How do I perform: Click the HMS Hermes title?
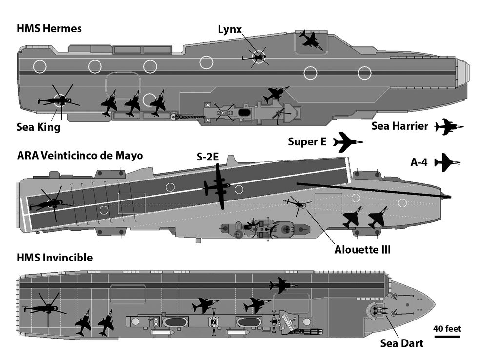[x=49, y=29]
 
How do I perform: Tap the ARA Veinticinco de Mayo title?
[x=80, y=156]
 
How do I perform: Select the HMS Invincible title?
[x=55, y=258]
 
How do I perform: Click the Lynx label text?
[x=230, y=30]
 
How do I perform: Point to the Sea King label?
[x=39, y=128]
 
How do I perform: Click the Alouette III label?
[x=362, y=249]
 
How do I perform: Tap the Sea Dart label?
[x=401, y=343]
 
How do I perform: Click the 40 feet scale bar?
[x=447, y=337]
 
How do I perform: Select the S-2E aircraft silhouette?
[x=217, y=186]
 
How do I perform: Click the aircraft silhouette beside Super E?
[x=347, y=142]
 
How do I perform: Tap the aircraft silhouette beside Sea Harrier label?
[x=449, y=127]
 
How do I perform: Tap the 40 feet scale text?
[x=447, y=328]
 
